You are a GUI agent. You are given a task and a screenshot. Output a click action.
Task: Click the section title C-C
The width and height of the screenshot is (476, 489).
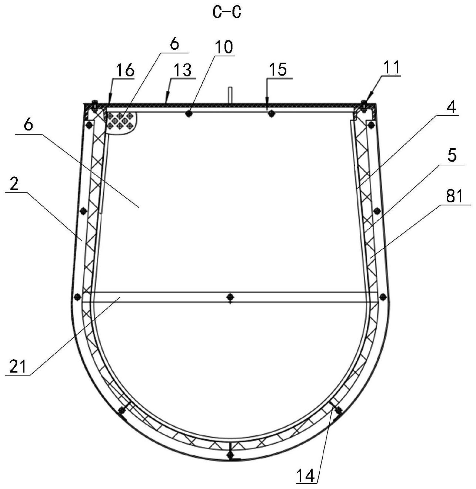point(226,12)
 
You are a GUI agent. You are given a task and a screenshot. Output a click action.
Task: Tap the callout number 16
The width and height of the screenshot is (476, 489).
point(125,70)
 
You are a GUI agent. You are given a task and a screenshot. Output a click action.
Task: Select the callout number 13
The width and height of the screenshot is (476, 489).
point(183,70)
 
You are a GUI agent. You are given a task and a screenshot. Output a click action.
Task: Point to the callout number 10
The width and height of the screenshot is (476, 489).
point(224,47)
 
